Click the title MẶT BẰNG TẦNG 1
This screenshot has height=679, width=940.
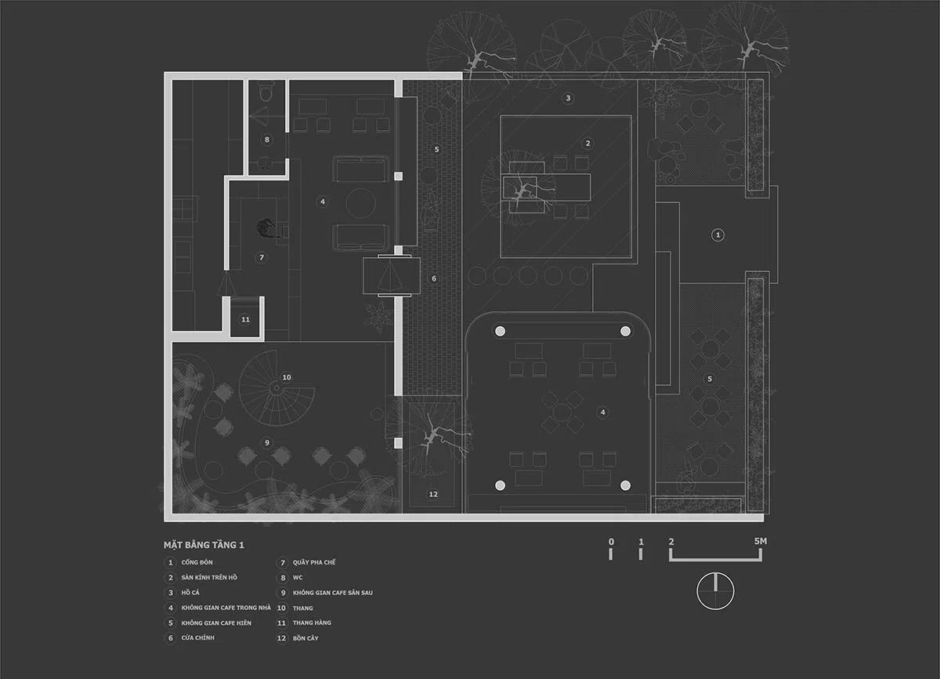(204, 545)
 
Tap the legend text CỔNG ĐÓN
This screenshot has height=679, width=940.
(197, 562)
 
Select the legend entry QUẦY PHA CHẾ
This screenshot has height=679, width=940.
(314, 562)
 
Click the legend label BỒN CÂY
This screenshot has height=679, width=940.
(305, 638)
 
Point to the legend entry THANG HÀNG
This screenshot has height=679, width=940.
(312, 623)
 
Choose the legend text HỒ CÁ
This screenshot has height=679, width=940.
(190, 593)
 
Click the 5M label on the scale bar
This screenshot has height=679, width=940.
(761, 541)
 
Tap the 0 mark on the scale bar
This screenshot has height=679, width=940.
(611, 542)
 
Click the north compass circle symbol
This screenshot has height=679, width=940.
(715, 591)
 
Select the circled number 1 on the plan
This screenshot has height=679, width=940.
(718, 234)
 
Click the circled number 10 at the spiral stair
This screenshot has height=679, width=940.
(287, 377)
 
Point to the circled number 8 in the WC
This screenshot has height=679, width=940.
(266, 140)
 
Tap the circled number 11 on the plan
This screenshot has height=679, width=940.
(245, 320)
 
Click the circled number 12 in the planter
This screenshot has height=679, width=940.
(433, 494)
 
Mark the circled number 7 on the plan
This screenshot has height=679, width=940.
(262, 257)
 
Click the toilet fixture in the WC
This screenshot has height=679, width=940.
(266, 92)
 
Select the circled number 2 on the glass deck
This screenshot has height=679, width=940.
(588, 143)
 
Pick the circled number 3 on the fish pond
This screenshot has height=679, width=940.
(568, 98)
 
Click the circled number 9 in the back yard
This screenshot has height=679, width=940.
(266, 442)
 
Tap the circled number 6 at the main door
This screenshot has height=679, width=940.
(434, 278)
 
